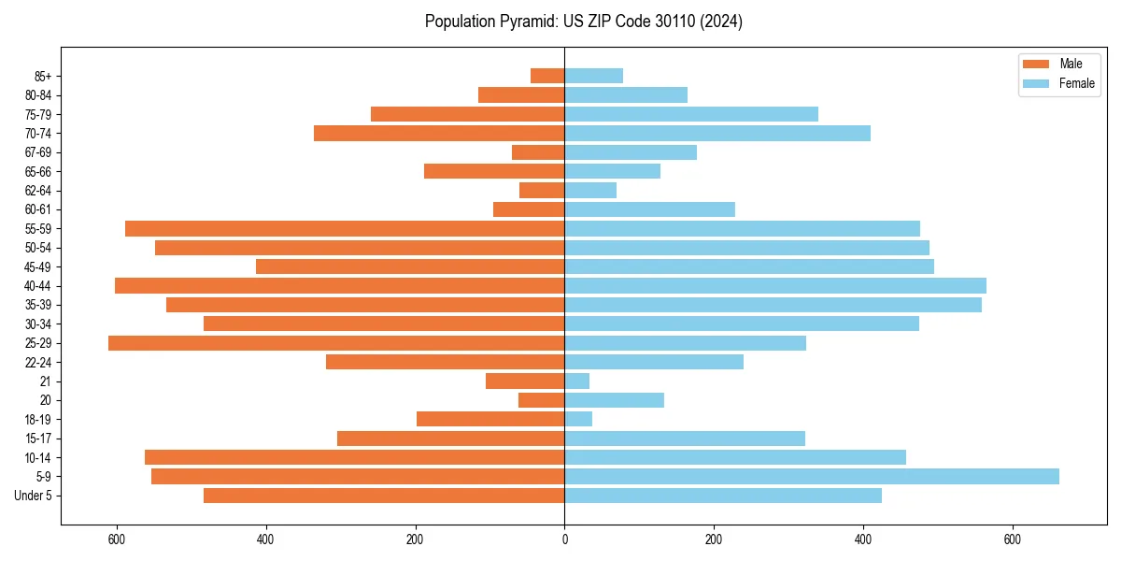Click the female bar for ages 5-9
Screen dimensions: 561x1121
(x=811, y=476)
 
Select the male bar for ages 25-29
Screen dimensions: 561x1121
(x=336, y=343)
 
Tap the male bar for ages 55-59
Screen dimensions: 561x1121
(x=345, y=228)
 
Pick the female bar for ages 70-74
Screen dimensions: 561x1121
(x=717, y=133)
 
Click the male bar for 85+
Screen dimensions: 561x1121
(x=547, y=76)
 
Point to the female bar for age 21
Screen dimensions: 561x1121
(x=577, y=381)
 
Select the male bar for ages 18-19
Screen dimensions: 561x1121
(x=490, y=419)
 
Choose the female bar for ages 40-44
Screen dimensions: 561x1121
(x=775, y=285)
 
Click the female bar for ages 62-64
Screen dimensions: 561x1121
(x=590, y=190)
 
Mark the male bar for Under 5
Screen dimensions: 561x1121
(x=384, y=496)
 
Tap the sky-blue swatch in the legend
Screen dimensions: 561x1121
(x=1036, y=83)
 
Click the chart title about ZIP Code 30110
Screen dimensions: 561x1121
(x=584, y=22)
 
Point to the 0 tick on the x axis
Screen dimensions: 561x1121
(x=564, y=539)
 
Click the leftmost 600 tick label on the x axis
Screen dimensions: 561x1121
(x=117, y=539)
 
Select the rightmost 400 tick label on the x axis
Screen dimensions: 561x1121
(x=863, y=539)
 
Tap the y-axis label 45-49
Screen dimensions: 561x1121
(x=38, y=266)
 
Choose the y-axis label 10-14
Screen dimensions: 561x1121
(x=38, y=457)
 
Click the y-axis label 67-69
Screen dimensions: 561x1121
(x=38, y=152)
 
